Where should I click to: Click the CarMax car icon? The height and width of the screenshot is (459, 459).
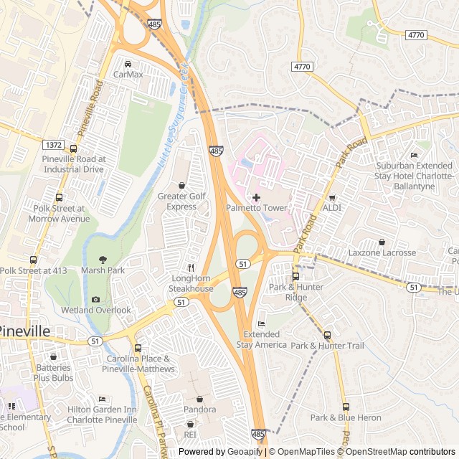click(128, 63)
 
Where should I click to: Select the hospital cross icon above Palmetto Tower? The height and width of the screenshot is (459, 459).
click(256, 197)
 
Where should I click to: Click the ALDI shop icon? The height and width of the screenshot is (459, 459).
click(331, 197)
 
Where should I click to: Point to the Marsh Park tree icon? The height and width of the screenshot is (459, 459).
click(103, 260)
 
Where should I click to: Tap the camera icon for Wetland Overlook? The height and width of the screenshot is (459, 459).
click(96, 300)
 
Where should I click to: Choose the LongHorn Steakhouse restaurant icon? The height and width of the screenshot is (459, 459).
click(191, 267)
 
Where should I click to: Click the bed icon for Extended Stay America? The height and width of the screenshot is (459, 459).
click(261, 324)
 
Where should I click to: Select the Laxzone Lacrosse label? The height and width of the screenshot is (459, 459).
click(382, 252)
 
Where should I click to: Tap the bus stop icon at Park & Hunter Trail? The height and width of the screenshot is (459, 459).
click(327, 335)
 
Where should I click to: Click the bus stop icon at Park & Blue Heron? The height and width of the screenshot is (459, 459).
click(346, 407)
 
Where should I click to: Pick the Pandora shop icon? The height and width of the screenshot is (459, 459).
click(199, 399)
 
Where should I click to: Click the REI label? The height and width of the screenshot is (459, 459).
click(190, 435)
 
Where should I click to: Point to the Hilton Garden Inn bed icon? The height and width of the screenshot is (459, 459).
click(102, 399)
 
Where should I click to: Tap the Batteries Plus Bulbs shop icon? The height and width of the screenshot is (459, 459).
click(53, 356)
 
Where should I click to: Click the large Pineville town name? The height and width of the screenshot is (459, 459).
click(34, 331)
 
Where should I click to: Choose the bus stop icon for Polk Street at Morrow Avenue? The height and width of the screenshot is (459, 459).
click(59, 197)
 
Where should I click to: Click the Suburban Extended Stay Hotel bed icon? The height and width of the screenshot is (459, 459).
click(414, 155)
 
